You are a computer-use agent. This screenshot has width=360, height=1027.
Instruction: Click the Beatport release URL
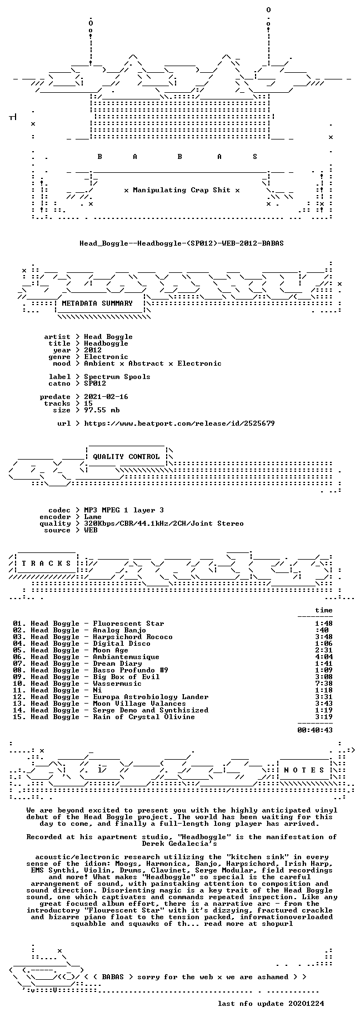179,423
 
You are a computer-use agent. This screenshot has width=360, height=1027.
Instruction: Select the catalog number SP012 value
95,383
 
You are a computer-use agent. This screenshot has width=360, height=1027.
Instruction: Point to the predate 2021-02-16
106,397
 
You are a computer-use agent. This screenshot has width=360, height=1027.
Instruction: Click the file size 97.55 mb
102,410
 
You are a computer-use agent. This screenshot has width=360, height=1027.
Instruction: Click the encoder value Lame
93,517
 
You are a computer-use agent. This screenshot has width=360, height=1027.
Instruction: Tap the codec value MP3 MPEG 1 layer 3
124,510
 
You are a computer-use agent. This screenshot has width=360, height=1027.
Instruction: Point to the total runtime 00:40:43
315,730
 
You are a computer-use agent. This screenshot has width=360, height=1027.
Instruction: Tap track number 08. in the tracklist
19,670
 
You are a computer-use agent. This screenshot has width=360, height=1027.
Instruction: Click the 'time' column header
324,610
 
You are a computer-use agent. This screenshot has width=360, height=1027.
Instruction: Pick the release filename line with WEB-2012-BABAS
182,243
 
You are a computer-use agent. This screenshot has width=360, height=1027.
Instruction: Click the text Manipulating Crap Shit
182,190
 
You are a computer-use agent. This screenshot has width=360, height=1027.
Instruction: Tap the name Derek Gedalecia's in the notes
182,844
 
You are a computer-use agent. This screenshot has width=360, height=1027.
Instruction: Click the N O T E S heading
304,770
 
